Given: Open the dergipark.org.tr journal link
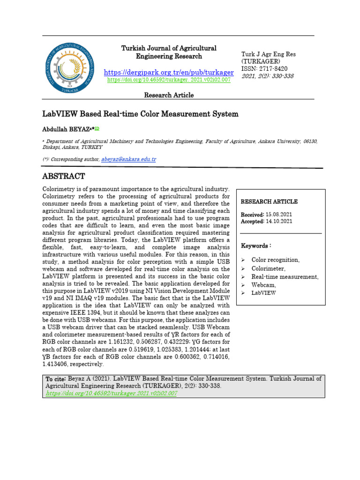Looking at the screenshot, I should tap(169, 72).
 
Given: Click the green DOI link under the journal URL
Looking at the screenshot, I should tap(169, 80).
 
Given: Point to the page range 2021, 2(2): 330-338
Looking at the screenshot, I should tap(267, 76).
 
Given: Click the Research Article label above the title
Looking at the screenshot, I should tap(169, 95).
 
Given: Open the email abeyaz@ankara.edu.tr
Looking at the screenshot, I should tap(128, 159).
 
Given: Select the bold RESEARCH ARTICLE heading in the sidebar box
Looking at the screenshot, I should tap(269, 202).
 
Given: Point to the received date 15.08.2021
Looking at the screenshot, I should tap(279, 214).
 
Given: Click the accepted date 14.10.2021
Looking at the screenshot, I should tap(279, 221).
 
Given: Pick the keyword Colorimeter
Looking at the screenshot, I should tap(268, 268).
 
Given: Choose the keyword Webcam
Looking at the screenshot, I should tap(263, 285).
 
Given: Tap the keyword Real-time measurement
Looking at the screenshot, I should tap(285, 277).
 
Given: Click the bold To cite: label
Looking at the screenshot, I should tap(56, 379).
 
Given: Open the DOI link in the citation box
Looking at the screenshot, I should tap(112, 393).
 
